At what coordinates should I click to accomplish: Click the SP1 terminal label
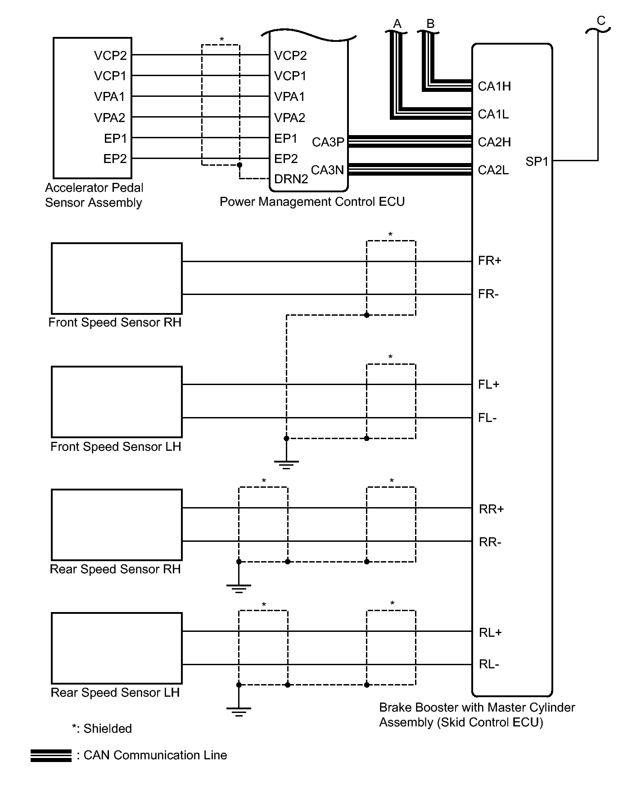click(537, 161)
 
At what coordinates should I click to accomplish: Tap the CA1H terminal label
click(494, 86)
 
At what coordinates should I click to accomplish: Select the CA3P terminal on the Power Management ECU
click(328, 142)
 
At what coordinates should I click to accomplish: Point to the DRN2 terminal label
click(291, 179)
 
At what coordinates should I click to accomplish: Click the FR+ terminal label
click(489, 261)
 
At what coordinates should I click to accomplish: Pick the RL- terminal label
click(489, 664)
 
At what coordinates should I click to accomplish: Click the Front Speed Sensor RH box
click(117, 278)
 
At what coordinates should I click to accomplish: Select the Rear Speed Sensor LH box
click(117, 648)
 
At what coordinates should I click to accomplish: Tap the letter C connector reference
click(601, 21)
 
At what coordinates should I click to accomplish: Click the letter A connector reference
click(397, 23)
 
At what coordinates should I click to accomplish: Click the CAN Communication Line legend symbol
click(51, 755)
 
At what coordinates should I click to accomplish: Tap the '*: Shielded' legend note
click(102, 728)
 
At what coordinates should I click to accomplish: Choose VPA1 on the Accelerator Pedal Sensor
click(109, 96)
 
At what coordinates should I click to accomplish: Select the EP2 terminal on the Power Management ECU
click(286, 159)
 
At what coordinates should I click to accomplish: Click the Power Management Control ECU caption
click(312, 201)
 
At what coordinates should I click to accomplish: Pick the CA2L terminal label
click(493, 170)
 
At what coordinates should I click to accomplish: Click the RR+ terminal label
click(491, 509)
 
